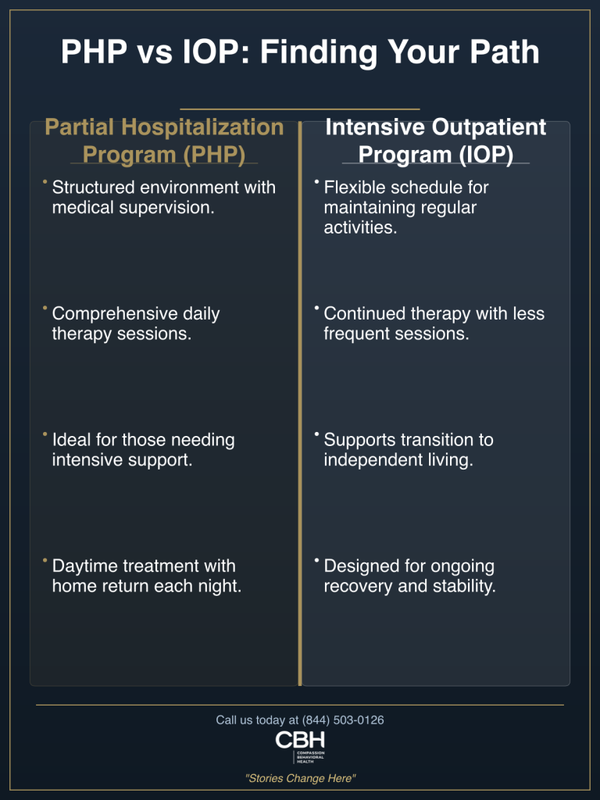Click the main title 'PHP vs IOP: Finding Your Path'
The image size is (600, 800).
click(x=300, y=52)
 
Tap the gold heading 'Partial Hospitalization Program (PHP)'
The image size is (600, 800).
click(x=164, y=140)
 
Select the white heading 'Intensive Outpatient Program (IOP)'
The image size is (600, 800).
click(x=435, y=140)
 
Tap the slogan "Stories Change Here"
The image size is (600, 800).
click(x=300, y=778)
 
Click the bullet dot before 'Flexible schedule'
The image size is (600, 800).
click(x=316, y=183)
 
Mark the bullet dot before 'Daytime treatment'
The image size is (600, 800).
click(x=45, y=561)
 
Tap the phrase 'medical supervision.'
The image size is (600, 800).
click(x=133, y=209)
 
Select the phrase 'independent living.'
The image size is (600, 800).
click(x=398, y=461)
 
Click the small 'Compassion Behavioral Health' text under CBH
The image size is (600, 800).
click(x=310, y=755)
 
